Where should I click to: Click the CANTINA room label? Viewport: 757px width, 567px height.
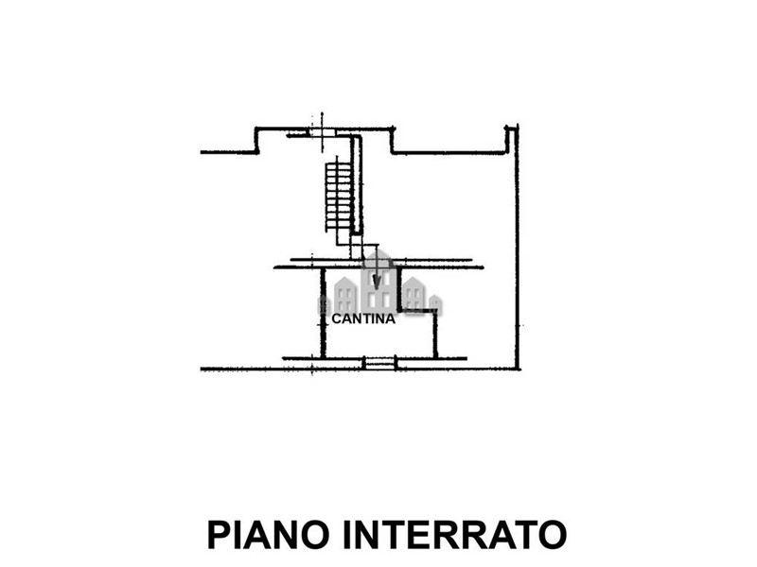point(363,318)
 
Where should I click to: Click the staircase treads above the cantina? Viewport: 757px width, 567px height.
point(338,196)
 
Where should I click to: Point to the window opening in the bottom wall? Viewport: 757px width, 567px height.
point(379,364)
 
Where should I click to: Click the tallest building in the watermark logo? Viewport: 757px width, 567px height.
point(379,281)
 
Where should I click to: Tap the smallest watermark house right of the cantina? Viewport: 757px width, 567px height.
point(435,304)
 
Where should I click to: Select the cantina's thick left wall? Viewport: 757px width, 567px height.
point(323,313)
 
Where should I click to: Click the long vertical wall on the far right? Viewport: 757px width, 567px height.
point(517,247)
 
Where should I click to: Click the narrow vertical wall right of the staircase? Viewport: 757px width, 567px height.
point(358,184)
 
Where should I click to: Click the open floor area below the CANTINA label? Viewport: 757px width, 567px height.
point(379,341)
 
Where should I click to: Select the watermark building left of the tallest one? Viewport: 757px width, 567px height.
point(345,295)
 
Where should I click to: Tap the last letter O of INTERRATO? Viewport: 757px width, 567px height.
point(550,534)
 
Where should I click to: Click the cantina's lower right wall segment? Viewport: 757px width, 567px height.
point(435,335)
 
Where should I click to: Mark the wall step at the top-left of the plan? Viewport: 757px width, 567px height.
point(256,140)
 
